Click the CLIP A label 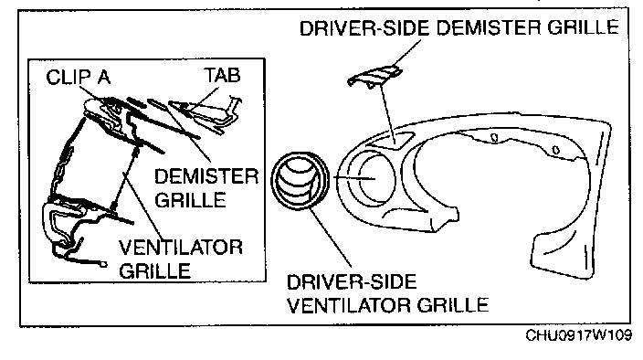coord(79,77)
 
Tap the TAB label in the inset coord(222,76)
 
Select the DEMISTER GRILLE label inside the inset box coord(206,188)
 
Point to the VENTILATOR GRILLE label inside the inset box coord(181,259)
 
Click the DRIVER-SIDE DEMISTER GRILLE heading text coord(459,27)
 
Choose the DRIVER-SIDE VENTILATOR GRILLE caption coord(387,293)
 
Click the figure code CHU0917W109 coord(579,335)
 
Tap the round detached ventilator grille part coord(300,180)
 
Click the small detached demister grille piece coord(374,76)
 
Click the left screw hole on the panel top coord(494,138)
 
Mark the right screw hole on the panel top coord(555,150)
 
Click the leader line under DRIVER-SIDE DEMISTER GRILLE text coord(406,52)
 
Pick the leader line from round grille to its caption coord(331,237)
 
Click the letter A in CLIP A coord(104,77)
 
